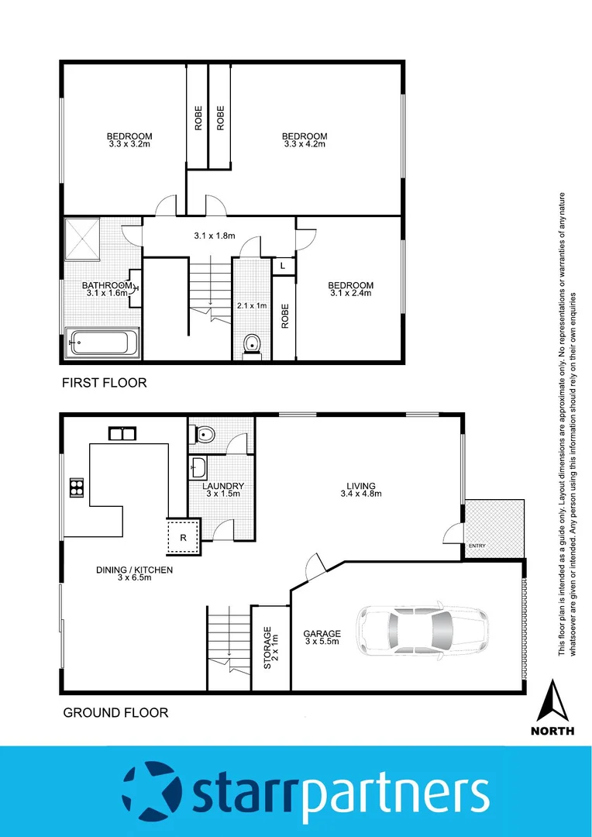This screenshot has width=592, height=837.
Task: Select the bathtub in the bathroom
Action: [x=103, y=341]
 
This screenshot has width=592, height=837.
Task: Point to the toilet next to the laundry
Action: [x=205, y=434]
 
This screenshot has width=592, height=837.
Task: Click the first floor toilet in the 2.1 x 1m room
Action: [x=252, y=344]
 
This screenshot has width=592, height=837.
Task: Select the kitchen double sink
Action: [x=122, y=434]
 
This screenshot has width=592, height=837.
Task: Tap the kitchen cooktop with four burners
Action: [x=77, y=487]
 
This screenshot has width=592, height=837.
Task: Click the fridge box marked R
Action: [x=184, y=536]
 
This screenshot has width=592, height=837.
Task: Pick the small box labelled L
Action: [x=284, y=266]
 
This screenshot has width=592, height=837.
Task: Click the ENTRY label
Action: [x=476, y=546]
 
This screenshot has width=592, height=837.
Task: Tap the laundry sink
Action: [x=198, y=467]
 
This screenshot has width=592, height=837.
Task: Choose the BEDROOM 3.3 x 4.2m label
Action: [x=305, y=140]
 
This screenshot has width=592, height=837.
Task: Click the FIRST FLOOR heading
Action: [x=105, y=383]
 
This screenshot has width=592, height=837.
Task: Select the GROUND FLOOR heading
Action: [x=115, y=712]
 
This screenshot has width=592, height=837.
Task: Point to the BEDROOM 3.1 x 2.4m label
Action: [x=351, y=289]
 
